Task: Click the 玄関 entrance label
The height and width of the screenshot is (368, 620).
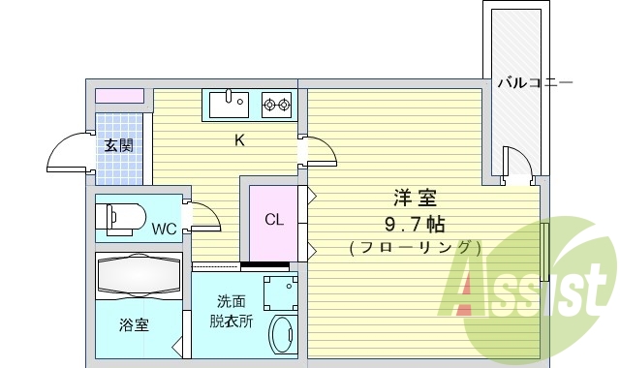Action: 119,146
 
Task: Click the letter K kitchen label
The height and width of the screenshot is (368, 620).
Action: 238,140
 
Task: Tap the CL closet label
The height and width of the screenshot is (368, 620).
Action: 274,219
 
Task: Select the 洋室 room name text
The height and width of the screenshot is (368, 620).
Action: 414,199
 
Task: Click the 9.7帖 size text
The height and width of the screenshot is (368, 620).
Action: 414,225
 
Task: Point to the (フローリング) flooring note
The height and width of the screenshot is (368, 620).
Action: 414,248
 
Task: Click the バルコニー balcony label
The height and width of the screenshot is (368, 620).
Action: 535,84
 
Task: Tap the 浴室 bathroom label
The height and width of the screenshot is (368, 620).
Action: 135,325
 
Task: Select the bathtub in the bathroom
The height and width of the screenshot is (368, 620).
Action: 139,275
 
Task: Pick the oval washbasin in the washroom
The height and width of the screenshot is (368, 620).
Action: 282,335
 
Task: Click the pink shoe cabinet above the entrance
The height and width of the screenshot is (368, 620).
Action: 119,97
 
